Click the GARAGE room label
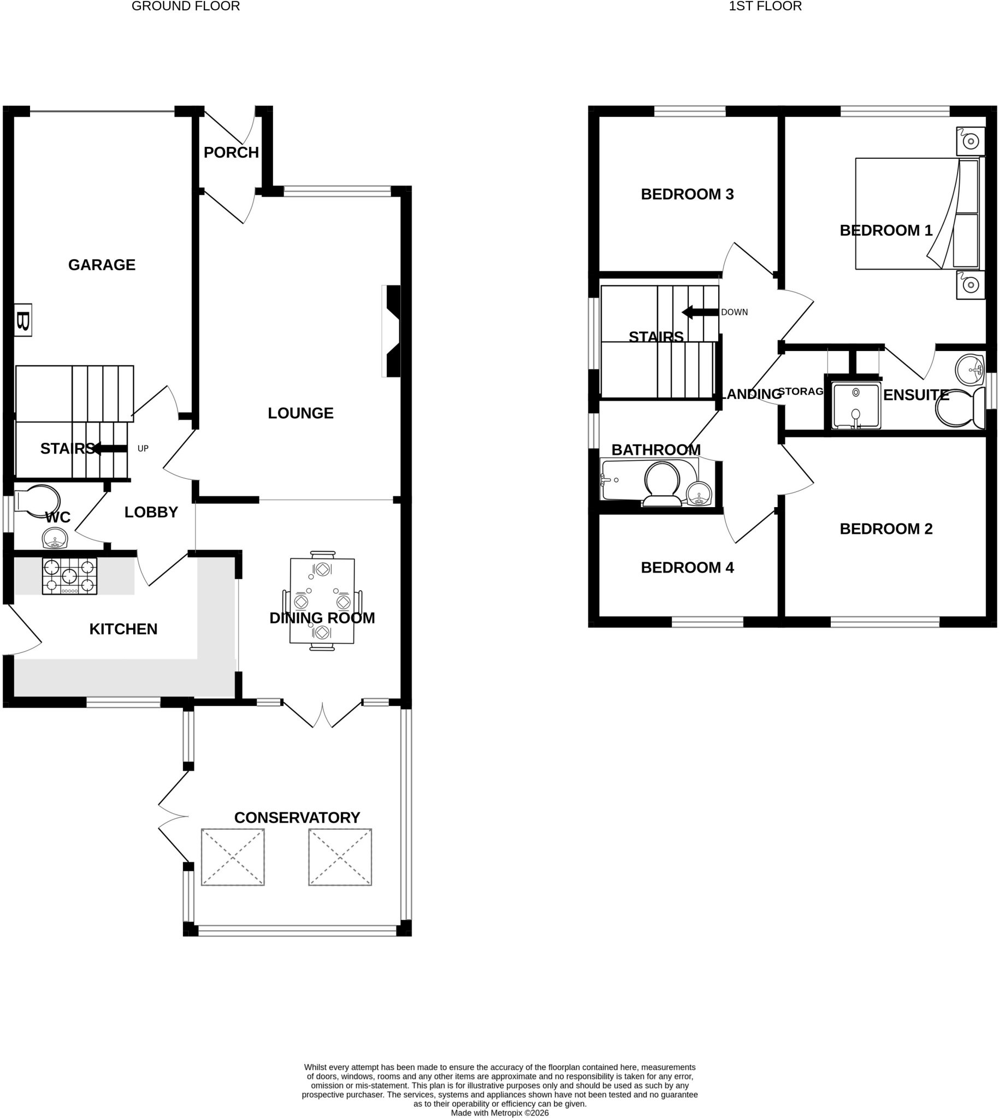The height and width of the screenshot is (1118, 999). pyautogui.click(x=102, y=265)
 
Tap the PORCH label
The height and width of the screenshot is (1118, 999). pyautogui.click(x=231, y=152)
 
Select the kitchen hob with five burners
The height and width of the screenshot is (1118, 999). pyautogui.click(x=70, y=576)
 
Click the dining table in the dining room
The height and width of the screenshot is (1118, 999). pyautogui.click(x=322, y=600)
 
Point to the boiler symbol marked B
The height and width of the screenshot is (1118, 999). pyautogui.click(x=22, y=320)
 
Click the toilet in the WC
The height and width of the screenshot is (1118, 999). pyautogui.click(x=37, y=499)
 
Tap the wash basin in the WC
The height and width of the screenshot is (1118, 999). pyautogui.click(x=55, y=538)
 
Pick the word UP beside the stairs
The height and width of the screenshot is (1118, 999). pyautogui.click(x=143, y=449)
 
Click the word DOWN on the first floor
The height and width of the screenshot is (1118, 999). pyautogui.click(x=735, y=312)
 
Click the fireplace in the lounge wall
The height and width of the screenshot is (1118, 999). pyautogui.click(x=392, y=331)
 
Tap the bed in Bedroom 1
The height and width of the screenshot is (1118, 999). pyautogui.click(x=917, y=214)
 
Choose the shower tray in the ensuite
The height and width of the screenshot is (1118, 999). pyautogui.click(x=856, y=406)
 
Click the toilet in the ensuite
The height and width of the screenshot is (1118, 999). pyautogui.click(x=960, y=408)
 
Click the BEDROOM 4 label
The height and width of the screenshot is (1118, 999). pyautogui.click(x=687, y=567)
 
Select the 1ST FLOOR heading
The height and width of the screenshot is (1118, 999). pyautogui.click(x=765, y=7)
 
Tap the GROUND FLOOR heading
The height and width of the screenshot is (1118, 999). pyautogui.click(x=186, y=7)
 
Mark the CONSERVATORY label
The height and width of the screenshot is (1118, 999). pyautogui.click(x=297, y=817)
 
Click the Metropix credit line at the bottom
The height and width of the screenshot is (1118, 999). pyautogui.click(x=499, y=1113)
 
